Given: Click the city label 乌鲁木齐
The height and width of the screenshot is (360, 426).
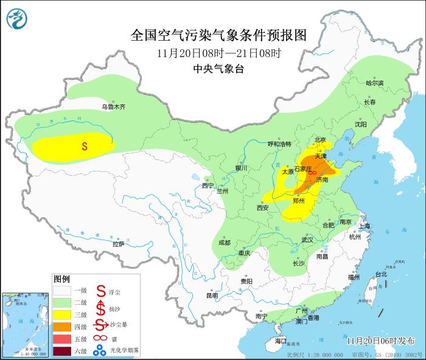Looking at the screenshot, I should [x=113, y=107].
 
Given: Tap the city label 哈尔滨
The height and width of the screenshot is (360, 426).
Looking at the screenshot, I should [x=375, y=83].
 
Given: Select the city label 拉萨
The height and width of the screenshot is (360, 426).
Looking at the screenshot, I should [x=118, y=244].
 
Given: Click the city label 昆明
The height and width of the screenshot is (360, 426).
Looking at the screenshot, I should [x=212, y=296].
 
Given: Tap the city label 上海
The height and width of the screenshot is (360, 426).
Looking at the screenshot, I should [x=365, y=226].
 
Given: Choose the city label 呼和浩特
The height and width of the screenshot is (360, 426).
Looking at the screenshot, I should [x=280, y=144].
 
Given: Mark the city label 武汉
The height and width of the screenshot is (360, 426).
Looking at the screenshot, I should [x=307, y=240].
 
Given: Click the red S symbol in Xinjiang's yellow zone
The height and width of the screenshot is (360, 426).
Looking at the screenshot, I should [x=85, y=146].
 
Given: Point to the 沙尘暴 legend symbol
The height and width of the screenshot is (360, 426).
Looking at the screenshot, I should [x=100, y=327].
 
